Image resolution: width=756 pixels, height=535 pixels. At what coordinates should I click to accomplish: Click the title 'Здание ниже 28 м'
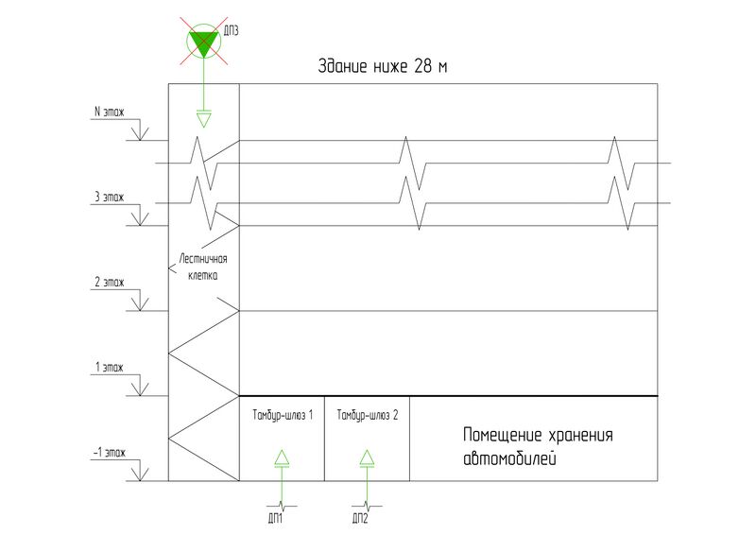[382, 68]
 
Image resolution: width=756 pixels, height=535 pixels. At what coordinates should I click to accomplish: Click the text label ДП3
[232, 30]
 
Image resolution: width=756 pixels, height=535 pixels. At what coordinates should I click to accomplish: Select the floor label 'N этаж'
[109, 112]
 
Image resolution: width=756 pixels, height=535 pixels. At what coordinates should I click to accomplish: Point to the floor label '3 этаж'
[110, 198]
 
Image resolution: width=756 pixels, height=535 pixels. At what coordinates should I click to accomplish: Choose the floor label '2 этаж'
[110, 283]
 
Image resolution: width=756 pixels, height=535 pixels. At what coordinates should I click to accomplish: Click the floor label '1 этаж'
[110, 367]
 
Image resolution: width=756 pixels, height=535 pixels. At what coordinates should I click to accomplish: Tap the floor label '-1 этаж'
[109, 453]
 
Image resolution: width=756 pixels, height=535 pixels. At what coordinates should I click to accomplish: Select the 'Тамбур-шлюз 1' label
[282, 415]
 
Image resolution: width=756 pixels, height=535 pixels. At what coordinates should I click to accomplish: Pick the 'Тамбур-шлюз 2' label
[368, 415]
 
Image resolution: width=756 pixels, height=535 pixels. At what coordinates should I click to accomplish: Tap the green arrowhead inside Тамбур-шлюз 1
[282, 458]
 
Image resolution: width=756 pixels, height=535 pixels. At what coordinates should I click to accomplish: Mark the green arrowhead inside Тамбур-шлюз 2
[367, 458]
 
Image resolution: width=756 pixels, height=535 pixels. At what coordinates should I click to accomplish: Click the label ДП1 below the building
[278, 519]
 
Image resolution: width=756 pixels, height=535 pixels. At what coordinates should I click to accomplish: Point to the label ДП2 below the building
[360, 519]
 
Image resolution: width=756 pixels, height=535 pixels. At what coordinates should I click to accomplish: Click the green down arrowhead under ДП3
[202, 119]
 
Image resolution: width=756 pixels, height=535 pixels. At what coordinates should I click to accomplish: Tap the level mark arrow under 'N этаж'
[140, 132]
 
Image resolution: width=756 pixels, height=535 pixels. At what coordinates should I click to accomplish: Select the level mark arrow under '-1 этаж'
[140, 472]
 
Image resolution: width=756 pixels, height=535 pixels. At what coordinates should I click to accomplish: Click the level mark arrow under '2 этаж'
[140, 302]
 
